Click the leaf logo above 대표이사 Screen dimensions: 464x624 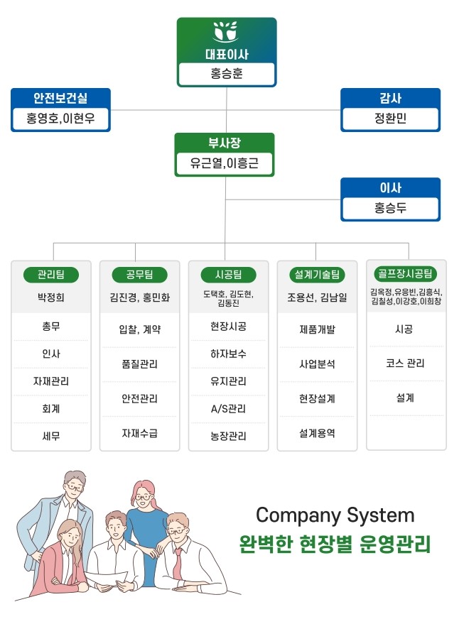(x=226, y=31)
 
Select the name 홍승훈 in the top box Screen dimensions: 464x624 (x=227, y=74)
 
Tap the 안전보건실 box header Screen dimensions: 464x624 (x=60, y=98)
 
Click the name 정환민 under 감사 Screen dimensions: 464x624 (x=390, y=118)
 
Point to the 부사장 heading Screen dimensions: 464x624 (x=225, y=143)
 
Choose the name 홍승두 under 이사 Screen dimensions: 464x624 (x=390, y=208)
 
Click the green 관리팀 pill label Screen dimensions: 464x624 (x=51, y=275)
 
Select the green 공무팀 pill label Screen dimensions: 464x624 (x=140, y=275)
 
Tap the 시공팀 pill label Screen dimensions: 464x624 (x=229, y=275)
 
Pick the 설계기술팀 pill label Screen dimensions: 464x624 (x=317, y=275)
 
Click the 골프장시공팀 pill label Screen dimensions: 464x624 (x=406, y=273)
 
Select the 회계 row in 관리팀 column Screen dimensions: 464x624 (x=51, y=409)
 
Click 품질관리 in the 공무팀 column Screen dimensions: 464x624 (x=140, y=364)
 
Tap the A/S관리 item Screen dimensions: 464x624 (x=228, y=409)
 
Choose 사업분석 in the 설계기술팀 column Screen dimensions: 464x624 (x=317, y=364)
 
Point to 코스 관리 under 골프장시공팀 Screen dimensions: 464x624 (x=405, y=363)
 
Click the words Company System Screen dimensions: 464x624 (x=335, y=515)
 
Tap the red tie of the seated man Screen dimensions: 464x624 (x=177, y=563)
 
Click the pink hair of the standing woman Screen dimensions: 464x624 (x=146, y=493)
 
